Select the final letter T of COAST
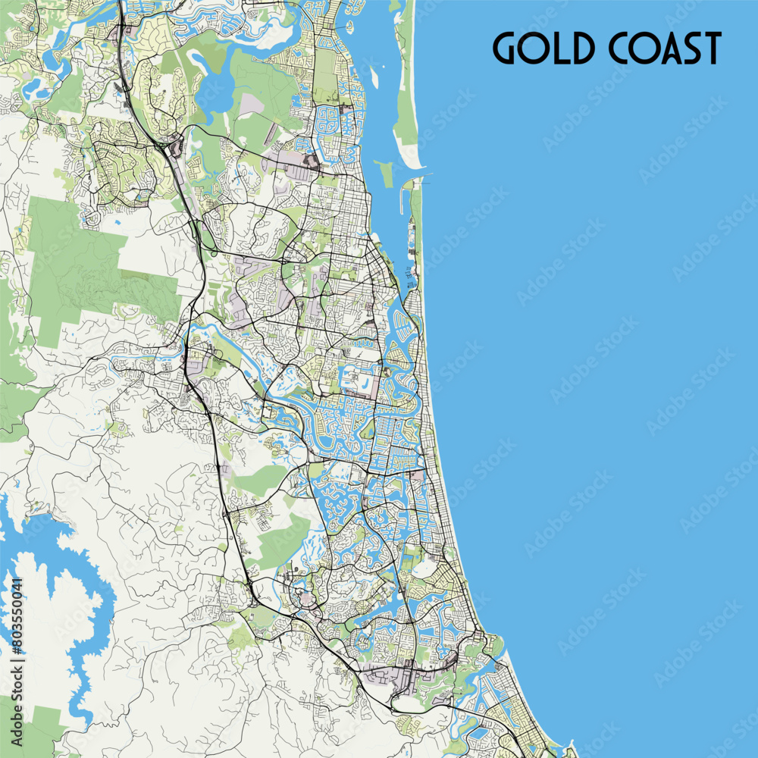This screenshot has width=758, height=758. click(709, 48)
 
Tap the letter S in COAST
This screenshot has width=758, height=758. click(687, 48)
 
